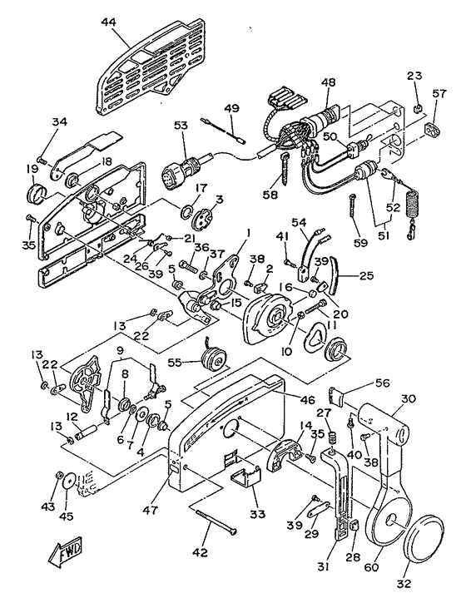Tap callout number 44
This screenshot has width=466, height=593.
108,23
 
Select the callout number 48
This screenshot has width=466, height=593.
329,82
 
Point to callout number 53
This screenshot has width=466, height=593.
181,126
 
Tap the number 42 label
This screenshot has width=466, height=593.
200,552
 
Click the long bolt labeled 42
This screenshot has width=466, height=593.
216,522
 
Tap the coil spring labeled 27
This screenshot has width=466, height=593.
333,439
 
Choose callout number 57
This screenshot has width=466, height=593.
439,93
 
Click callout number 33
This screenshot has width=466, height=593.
258,514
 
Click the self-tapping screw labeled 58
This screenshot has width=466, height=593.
284,169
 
